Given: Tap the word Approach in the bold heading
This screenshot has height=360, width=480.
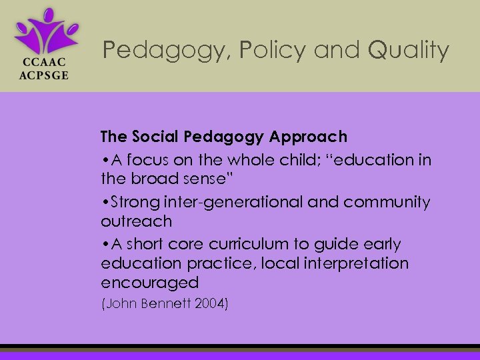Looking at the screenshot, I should coord(310,137).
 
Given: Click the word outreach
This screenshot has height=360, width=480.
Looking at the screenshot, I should coord(136,221).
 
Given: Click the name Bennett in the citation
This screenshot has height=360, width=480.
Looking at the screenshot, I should coord(162,305).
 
